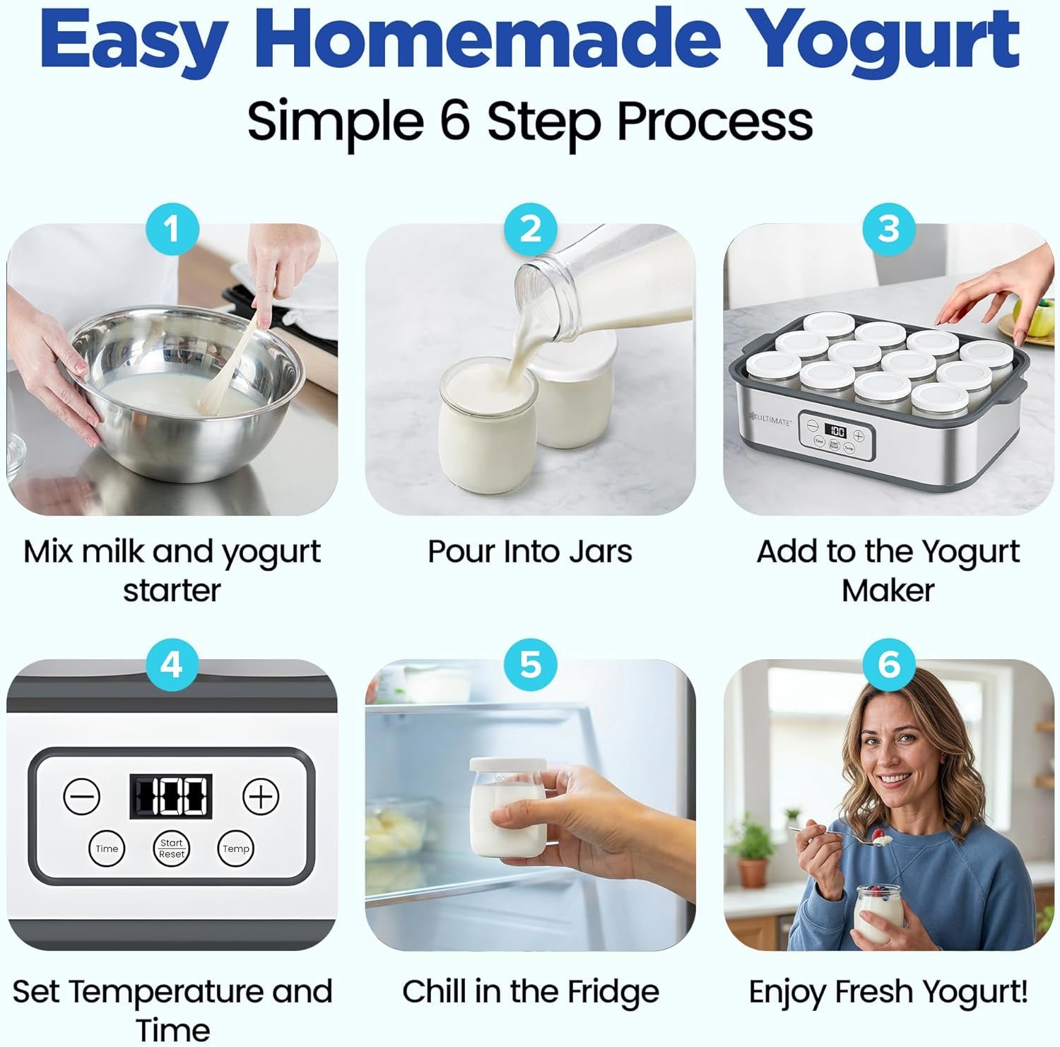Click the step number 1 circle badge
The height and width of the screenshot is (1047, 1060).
[172, 229]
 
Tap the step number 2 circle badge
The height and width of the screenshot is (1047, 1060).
[530, 229]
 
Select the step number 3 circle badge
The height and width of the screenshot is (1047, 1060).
[888, 229]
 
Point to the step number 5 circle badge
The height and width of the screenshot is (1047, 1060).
[530, 665]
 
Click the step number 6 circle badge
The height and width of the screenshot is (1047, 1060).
[888, 665]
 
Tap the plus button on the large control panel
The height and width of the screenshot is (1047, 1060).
[261, 797]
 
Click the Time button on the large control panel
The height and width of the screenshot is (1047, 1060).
[107, 848]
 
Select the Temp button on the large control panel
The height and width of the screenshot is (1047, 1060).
[235, 848]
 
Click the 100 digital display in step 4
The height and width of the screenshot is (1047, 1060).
[170, 797]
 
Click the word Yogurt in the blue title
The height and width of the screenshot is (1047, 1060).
[883, 39]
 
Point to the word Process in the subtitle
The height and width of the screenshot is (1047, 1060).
[714, 122]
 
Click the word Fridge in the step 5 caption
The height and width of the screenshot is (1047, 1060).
[613, 991]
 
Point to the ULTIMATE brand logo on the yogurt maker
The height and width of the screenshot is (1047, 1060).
[770, 420]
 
